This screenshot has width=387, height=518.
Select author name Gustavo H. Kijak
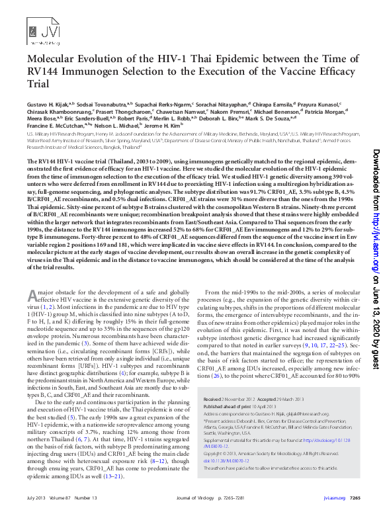(x=50, y=104)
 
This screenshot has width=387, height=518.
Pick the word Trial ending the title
(x=38, y=85)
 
